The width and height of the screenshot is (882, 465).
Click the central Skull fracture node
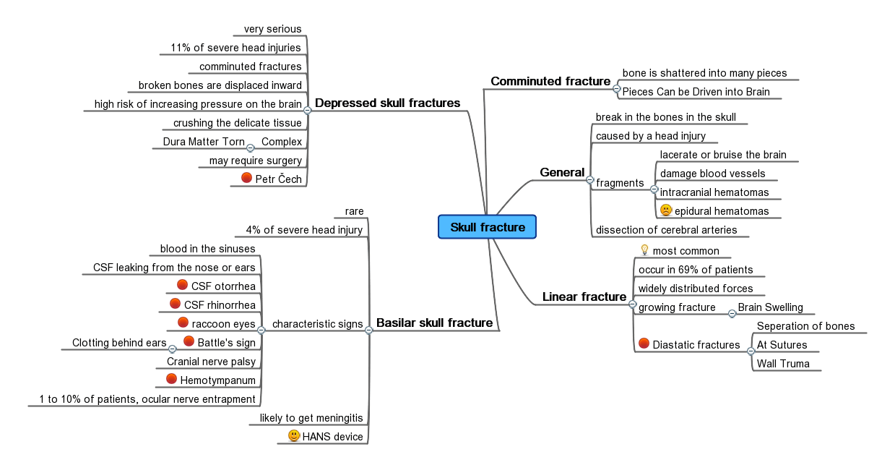(487, 227)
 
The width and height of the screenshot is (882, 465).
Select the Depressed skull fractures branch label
(387, 103)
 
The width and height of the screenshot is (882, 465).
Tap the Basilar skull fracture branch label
(434, 323)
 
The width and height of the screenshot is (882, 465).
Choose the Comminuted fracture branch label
(550, 81)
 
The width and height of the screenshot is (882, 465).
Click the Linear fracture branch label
(584, 297)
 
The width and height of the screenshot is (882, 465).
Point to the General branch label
(561, 172)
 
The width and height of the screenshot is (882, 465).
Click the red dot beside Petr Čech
(246, 178)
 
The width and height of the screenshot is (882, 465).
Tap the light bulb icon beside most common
(645, 250)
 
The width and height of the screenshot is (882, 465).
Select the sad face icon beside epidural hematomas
(666, 210)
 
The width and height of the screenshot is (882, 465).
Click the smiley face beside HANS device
(294, 436)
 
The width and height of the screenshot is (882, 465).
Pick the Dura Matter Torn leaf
(204, 142)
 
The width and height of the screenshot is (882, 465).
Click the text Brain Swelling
(770, 307)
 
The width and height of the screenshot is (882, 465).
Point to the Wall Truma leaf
(783, 364)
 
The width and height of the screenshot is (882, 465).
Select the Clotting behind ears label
(119, 343)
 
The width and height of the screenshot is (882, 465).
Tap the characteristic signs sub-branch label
(317, 324)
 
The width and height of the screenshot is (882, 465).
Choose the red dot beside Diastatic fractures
(644, 344)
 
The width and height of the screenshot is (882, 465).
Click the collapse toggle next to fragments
(654, 189)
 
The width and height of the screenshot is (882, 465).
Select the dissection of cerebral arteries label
(666, 230)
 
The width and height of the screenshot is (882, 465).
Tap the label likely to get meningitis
(311, 419)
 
